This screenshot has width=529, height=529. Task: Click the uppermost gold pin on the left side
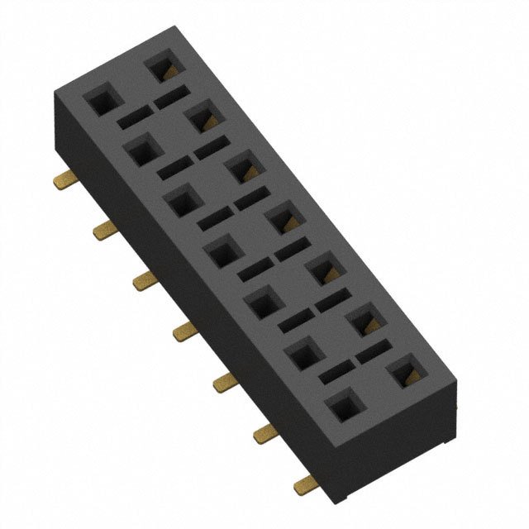63,179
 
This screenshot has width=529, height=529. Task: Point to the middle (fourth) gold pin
183,331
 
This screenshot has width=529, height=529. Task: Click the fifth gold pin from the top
224,382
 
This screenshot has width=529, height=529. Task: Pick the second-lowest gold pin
265,430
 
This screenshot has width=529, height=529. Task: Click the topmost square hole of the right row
162,69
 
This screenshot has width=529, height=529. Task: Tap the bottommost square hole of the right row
405,373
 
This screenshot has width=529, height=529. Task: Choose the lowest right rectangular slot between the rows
374,353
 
